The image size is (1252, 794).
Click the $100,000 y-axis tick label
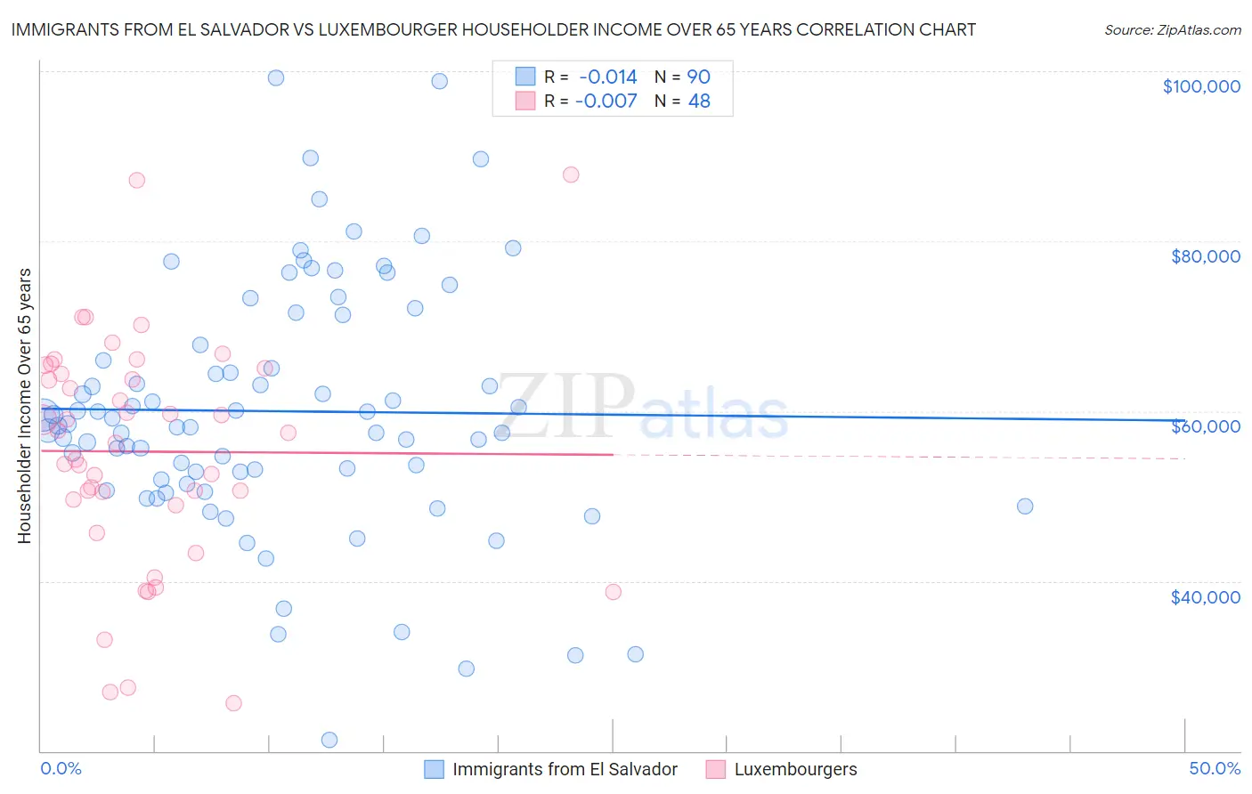[x=1200, y=86]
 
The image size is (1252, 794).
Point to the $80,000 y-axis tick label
[x=1205, y=256]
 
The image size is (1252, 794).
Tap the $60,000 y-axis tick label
[x=1205, y=426]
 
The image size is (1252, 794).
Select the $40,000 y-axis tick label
[x=1205, y=597]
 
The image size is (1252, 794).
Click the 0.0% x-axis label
[x=61, y=768]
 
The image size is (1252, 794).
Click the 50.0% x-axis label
[x=1214, y=768]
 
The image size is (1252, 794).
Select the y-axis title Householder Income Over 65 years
[x=25, y=405]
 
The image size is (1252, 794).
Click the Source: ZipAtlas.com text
[x=1172, y=30]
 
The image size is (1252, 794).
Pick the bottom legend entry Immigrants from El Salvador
[x=565, y=769]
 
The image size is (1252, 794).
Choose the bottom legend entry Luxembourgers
[x=795, y=769]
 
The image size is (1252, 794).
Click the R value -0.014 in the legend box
[x=608, y=77]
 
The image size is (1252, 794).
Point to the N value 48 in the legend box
[x=699, y=101]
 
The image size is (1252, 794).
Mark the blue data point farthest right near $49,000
[x=1025, y=506]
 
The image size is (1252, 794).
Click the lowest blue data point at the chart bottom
[x=329, y=740]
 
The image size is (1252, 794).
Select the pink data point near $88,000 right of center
[x=571, y=174]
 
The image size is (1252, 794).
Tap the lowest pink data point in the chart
[x=233, y=703]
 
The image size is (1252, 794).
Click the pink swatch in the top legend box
[x=525, y=101]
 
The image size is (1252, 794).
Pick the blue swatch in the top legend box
[x=525, y=77]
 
